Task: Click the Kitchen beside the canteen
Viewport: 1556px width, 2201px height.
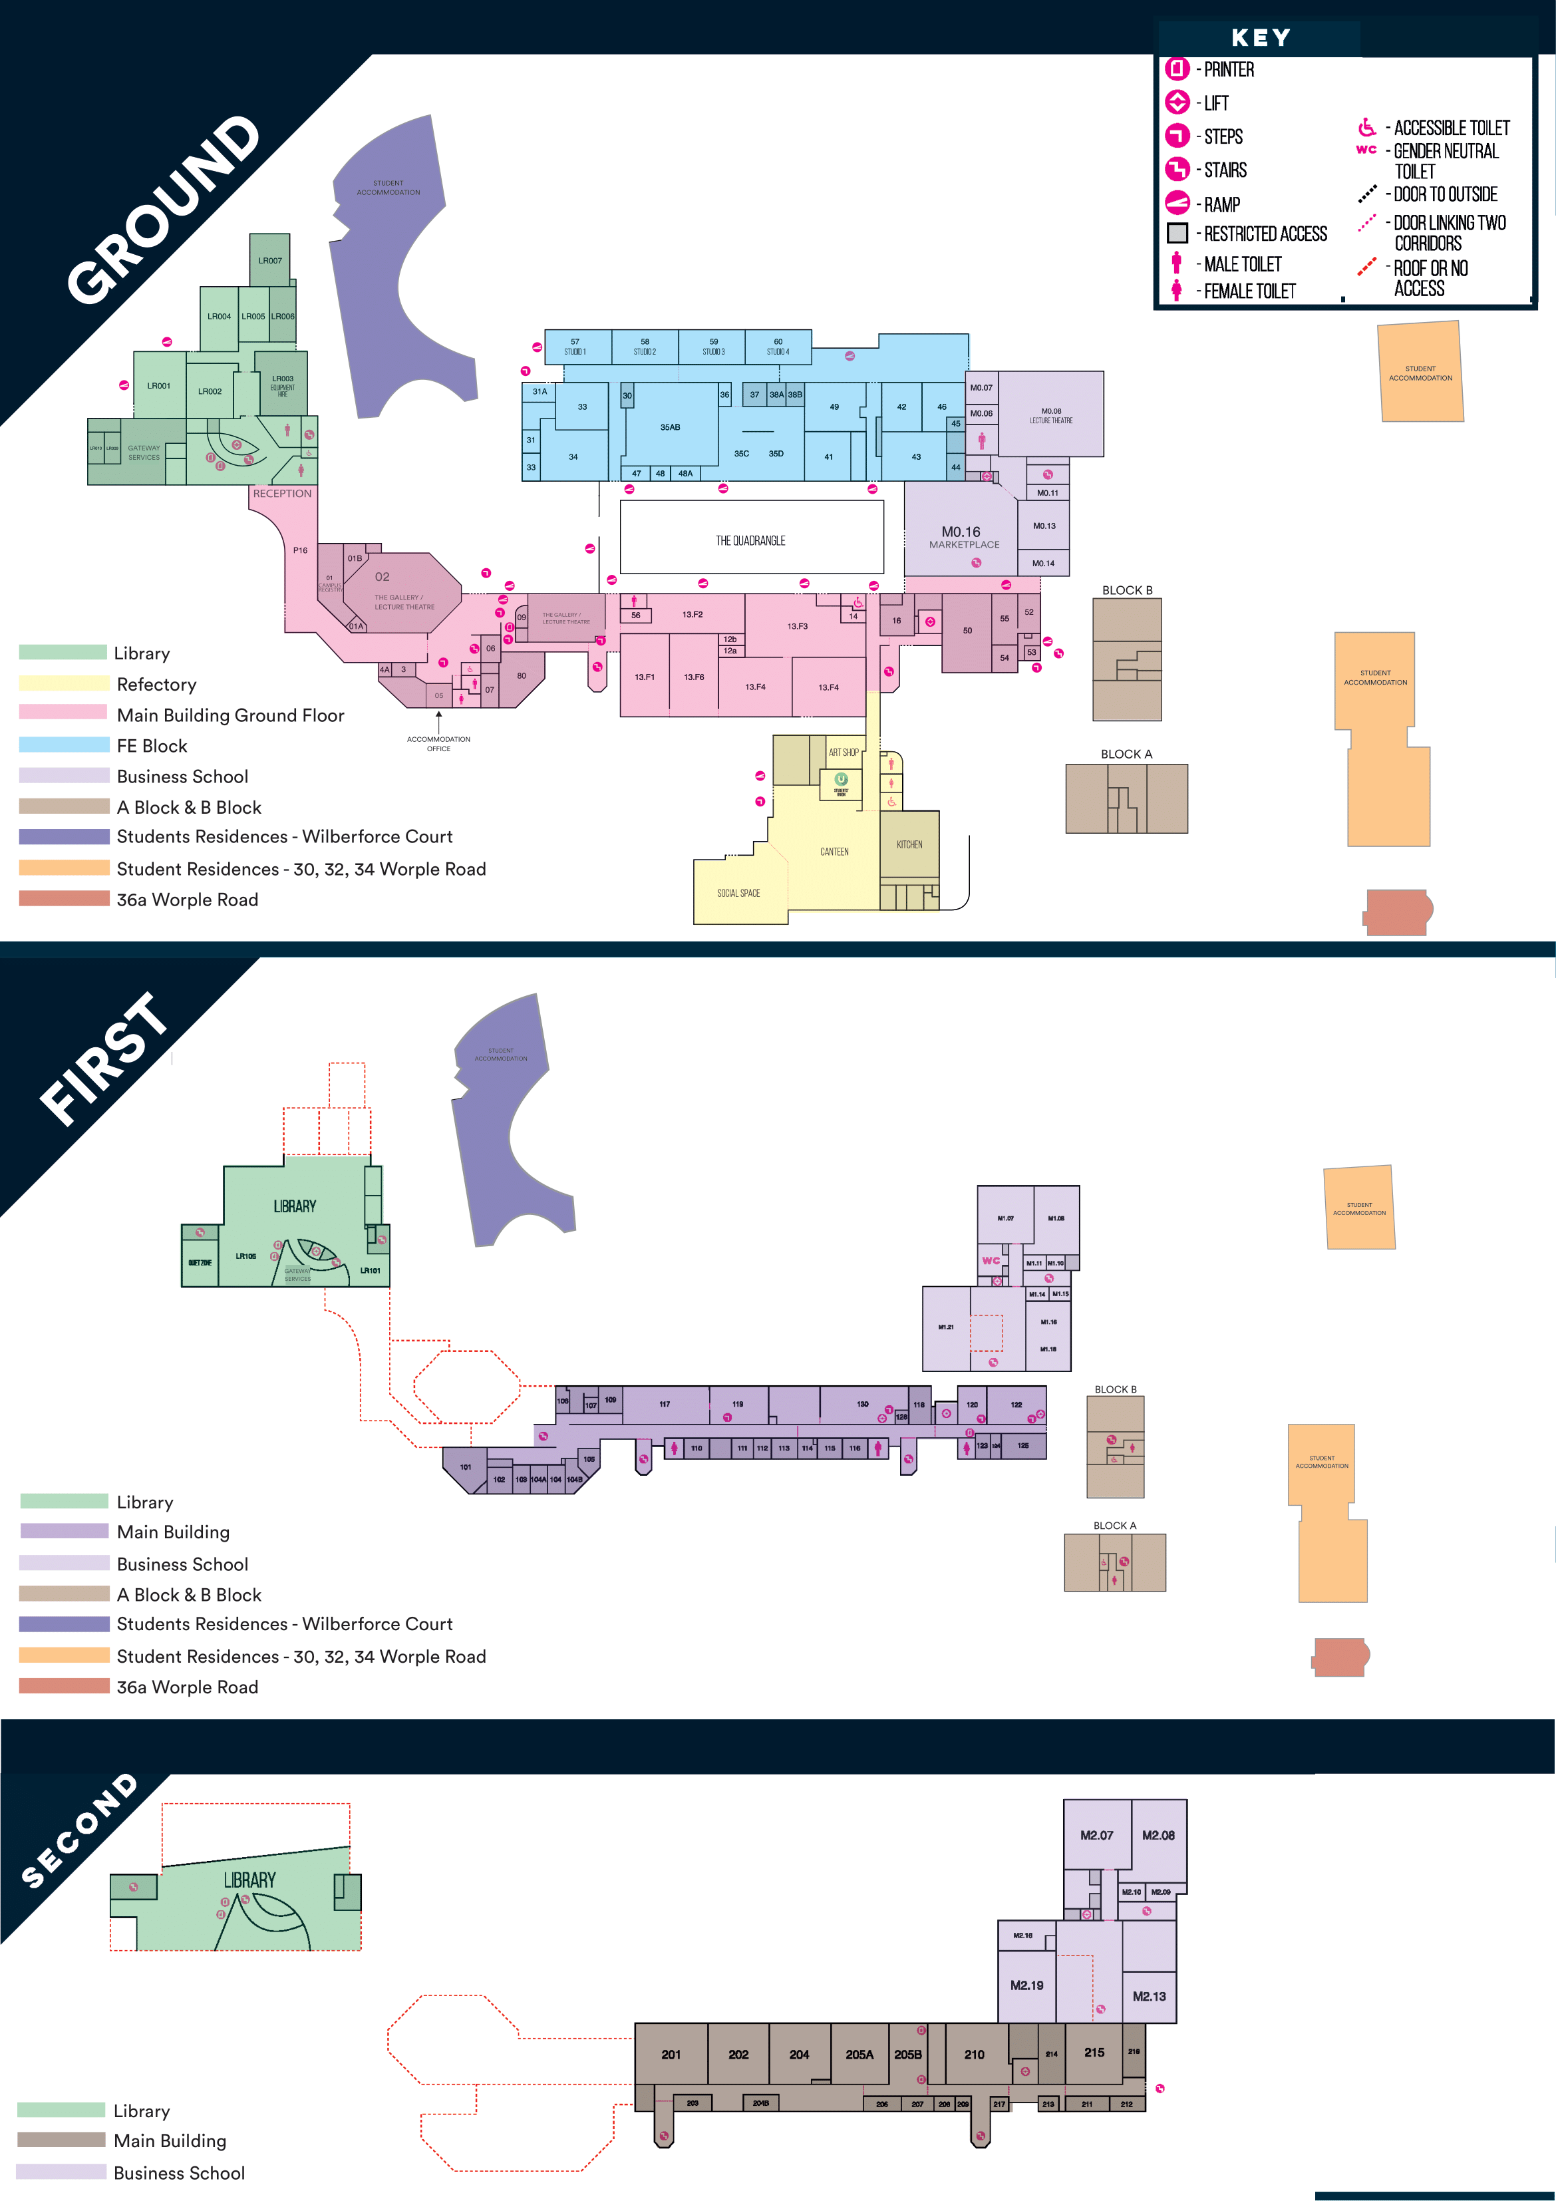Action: (x=909, y=844)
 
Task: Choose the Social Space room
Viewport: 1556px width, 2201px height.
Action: (x=738, y=892)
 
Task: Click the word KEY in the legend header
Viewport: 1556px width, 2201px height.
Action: (x=1261, y=39)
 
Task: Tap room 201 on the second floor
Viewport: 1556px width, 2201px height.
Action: (x=671, y=2055)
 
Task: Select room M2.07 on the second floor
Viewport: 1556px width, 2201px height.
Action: (x=1097, y=1835)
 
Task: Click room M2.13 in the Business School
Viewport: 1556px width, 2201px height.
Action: (x=1149, y=1996)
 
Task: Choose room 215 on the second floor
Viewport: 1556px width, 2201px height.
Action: (x=1094, y=2053)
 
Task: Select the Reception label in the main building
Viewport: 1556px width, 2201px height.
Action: (x=282, y=494)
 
